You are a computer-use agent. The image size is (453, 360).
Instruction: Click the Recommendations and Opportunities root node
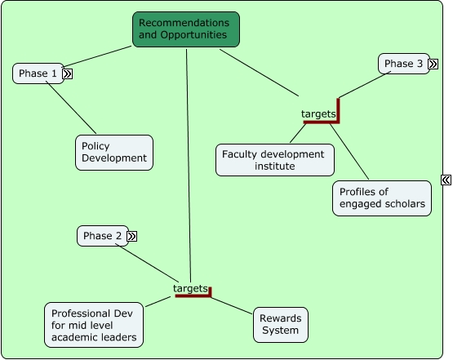(186, 29)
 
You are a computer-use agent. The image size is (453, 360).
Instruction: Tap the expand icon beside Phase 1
(68, 73)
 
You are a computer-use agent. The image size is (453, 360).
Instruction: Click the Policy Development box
(114, 153)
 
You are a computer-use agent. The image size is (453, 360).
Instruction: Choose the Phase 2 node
(102, 236)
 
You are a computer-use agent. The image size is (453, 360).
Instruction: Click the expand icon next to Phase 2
(131, 236)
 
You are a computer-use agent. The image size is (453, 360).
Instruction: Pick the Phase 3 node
(403, 64)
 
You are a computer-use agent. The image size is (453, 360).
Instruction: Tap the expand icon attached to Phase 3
(433, 64)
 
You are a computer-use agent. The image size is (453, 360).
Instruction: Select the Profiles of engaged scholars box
(382, 198)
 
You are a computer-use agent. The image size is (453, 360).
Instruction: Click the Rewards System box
(280, 324)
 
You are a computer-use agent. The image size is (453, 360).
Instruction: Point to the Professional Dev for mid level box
(93, 325)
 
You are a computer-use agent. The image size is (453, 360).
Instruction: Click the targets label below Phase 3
(318, 113)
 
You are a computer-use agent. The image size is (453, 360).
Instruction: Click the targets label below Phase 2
(190, 288)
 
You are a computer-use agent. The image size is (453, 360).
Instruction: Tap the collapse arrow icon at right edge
(446, 180)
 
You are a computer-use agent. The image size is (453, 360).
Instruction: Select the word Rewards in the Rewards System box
(280, 318)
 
